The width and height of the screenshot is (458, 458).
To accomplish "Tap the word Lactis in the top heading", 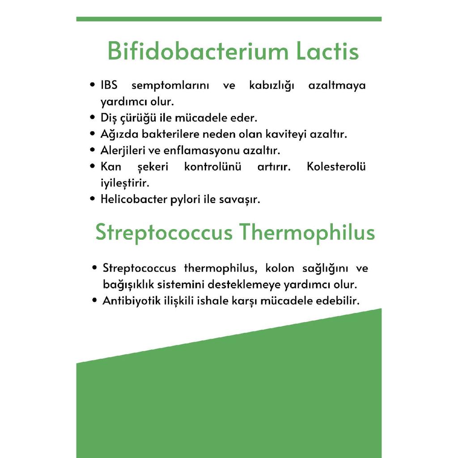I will click(x=327, y=51).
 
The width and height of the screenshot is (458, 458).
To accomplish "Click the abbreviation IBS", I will click(x=109, y=85).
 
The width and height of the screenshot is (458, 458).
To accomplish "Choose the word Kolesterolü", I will click(x=336, y=166).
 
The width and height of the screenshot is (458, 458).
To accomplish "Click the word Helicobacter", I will click(x=129, y=199).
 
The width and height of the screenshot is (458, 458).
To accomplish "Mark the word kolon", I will click(x=280, y=268).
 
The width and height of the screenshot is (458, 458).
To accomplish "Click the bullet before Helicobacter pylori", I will click(x=92, y=199).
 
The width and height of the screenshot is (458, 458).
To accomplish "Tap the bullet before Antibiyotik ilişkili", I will click(x=94, y=300).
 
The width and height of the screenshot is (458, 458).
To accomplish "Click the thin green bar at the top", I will click(x=229, y=19).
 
